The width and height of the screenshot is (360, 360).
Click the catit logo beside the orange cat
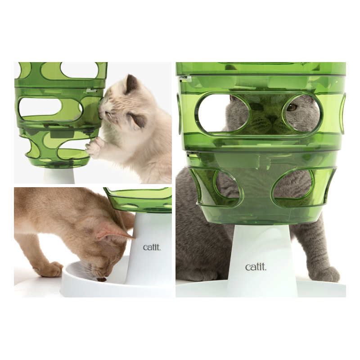click(151, 247)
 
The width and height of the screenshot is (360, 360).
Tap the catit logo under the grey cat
click(256, 267)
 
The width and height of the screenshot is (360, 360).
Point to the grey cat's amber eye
click(292, 107)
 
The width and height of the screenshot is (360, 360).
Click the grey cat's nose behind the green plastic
click(272, 118)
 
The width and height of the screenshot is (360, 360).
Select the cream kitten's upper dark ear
click(132, 84)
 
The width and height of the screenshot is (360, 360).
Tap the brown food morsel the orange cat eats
click(103, 279)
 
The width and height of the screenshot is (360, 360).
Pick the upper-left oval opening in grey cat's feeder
click(222, 112)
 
